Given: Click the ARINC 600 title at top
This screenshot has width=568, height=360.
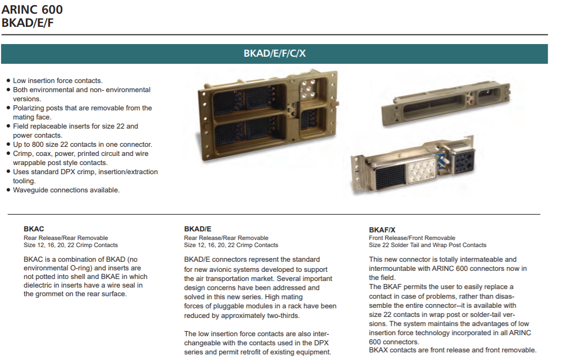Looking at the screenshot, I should (x=32, y=9).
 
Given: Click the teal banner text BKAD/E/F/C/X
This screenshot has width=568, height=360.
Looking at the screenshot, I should (x=274, y=54).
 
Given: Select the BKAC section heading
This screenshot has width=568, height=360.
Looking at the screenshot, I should (x=34, y=229).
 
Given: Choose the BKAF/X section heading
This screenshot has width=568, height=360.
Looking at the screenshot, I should (x=382, y=229).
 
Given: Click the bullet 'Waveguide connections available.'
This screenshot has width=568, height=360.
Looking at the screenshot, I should (x=66, y=190).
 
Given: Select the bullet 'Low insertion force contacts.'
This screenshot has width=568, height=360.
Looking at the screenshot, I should (x=58, y=81).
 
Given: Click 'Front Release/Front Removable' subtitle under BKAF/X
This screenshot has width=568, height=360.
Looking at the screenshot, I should (x=412, y=238).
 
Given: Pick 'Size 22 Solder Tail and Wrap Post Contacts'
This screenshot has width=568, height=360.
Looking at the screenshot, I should (x=427, y=245).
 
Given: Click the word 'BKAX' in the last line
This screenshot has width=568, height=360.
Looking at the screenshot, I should (x=379, y=350).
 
